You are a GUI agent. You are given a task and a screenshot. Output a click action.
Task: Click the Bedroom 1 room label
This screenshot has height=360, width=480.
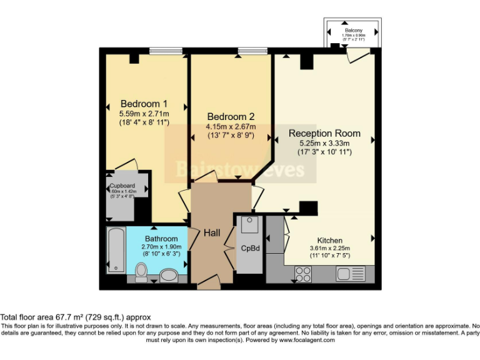(144, 104)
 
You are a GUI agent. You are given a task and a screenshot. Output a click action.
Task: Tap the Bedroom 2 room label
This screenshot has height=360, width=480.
(231, 117)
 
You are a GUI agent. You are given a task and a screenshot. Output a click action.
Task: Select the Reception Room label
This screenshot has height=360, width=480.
(324, 133)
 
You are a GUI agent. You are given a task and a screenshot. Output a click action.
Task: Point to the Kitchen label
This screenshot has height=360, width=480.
(329, 240)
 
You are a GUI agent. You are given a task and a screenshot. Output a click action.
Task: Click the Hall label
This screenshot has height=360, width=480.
(212, 232)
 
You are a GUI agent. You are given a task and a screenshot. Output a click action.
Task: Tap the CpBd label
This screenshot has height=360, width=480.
(250, 247)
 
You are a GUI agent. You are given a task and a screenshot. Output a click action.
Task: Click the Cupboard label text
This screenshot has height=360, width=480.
(122, 186)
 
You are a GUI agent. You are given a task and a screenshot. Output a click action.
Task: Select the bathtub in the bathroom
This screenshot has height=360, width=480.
(116, 250)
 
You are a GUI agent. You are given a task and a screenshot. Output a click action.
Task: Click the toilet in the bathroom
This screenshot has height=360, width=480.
(141, 271)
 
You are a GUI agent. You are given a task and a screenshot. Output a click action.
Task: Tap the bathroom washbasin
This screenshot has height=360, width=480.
(169, 274)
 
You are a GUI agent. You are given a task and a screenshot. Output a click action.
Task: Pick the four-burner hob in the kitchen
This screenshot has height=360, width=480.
(303, 274)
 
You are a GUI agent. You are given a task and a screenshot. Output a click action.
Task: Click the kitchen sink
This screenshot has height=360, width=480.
(350, 273)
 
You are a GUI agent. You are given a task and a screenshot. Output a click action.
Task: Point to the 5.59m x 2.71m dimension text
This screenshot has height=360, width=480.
(144, 114)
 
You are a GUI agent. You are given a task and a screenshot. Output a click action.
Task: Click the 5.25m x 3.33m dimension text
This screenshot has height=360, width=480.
(324, 143)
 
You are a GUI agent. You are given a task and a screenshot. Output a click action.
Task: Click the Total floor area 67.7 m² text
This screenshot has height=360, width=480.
(75, 317)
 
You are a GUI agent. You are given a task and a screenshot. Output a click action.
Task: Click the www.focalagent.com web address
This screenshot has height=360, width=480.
(307, 340)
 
